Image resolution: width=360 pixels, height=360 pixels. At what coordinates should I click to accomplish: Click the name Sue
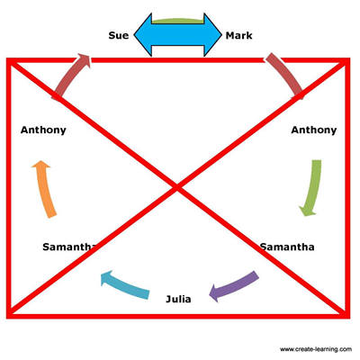tap(119, 35)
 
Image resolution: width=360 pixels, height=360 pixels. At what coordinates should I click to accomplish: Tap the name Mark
tap(238, 35)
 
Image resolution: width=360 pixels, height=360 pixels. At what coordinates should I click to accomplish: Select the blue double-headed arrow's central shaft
tap(177, 35)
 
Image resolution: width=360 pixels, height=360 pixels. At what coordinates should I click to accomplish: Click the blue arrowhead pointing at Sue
tap(143, 35)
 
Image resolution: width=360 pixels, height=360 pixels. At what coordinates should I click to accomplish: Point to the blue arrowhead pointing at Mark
tap(212, 35)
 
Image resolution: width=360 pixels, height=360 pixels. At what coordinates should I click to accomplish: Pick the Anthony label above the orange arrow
tap(43, 130)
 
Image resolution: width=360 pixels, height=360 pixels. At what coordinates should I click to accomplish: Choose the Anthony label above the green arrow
tap(314, 130)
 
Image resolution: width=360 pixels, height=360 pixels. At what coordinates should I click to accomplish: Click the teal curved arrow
tap(124, 285)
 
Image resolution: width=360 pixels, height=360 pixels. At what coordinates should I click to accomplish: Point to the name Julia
tap(178, 299)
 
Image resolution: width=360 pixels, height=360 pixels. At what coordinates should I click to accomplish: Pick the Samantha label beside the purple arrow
tap(287, 247)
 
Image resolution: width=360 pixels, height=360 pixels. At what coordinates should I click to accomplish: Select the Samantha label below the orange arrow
tap(69, 247)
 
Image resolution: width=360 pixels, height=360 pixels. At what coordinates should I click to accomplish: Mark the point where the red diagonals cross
tap(177, 188)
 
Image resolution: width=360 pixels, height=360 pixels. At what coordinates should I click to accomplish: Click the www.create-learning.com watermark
tap(316, 349)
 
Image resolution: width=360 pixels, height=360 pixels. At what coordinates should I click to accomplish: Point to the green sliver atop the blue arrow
tap(177, 21)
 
